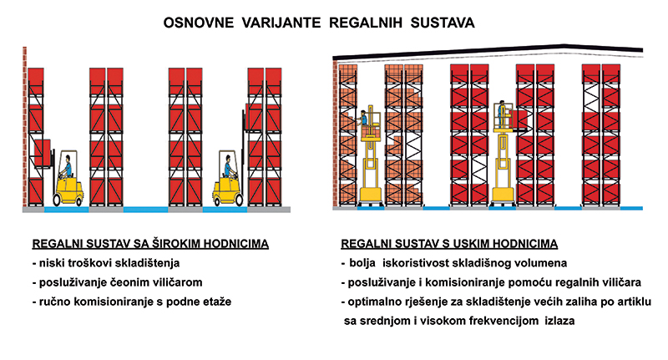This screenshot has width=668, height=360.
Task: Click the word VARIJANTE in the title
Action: click(x=281, y=23)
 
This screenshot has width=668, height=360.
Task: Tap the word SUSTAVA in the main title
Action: click(x=443, y=23)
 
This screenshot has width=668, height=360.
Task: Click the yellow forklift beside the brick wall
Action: click(x=68, y=178)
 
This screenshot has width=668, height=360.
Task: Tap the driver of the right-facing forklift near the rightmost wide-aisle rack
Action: click(x=229, y=166)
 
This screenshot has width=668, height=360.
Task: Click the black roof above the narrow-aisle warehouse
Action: click(x=488, y=51)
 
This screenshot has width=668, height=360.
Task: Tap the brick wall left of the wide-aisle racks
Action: click(x=25, y=126)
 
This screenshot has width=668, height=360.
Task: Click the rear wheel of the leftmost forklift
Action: click(x=58, y=200)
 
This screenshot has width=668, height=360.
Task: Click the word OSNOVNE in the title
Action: click(x=199, y=23)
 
